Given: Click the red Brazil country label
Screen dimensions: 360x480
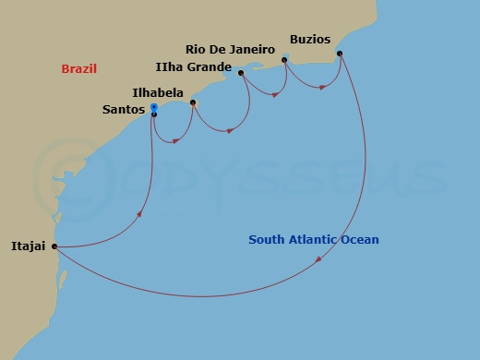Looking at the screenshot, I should (79, 69).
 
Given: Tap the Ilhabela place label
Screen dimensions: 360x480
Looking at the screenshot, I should (158, 93).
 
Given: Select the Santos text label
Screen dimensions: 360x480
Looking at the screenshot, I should (125, 110).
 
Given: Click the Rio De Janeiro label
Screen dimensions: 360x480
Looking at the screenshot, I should (231, 50).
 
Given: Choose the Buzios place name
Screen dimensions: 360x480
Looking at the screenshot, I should (309, 39).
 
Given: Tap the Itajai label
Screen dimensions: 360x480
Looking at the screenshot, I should (27, 246).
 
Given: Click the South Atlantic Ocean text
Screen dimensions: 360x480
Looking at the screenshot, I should (314, 240).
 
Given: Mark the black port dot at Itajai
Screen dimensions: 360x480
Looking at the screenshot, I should (54, 246).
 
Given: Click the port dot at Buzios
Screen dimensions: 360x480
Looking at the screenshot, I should (340, 54).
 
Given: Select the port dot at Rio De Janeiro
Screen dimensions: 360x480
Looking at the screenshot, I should (285, 60).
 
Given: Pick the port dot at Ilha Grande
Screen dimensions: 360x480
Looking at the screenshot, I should (240, 73).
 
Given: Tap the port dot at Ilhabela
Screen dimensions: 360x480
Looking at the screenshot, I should (192, 102).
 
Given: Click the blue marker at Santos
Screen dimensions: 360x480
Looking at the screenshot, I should (153, 108).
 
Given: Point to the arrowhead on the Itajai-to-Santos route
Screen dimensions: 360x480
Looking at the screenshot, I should (139, 215).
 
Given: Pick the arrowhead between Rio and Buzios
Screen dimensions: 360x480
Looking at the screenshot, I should (322, 88).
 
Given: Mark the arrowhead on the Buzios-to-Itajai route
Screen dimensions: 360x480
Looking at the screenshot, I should (319, 260).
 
